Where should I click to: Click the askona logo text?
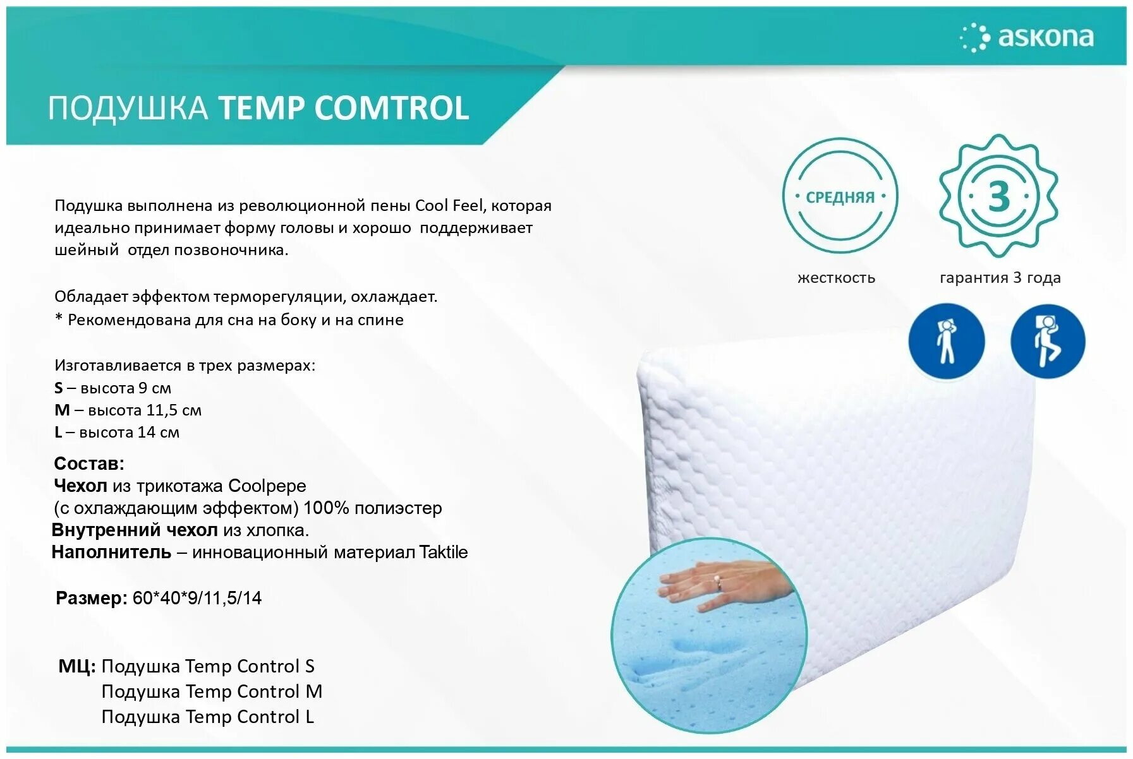pos(1045,37)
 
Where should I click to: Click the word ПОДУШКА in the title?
pos(128,108)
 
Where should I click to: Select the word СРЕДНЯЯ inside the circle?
pos(840,197)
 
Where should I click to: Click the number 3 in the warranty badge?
pos(998,196)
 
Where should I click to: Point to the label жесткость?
pos(836,278)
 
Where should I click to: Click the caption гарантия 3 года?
pos(1000,278)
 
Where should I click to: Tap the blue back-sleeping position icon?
pos(946,342)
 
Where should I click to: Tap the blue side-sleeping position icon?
pos(1047,342)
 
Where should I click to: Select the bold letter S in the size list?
pos(59,388)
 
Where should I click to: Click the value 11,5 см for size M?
pos(174,410)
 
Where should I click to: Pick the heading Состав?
pos(89,463)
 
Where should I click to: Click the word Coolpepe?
pos(267,486)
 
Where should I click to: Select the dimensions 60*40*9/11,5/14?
pos(197,598)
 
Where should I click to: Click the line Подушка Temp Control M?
pos(212,691)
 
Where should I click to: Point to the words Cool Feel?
pos(448,205)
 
